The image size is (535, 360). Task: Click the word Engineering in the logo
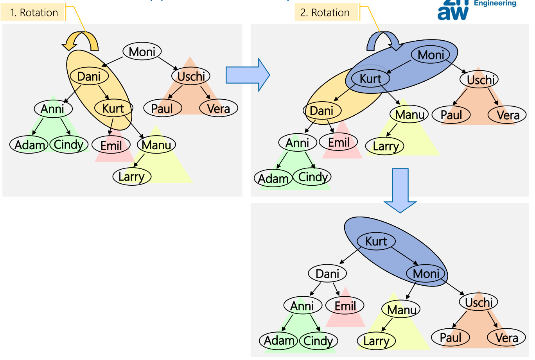495,4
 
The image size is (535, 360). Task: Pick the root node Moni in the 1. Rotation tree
142,52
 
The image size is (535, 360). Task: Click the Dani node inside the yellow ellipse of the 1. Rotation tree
89,77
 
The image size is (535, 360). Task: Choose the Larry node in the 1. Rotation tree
131,177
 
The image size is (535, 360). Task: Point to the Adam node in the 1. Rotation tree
29,145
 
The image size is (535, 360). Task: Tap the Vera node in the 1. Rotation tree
218,108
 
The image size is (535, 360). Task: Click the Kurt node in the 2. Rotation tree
370,79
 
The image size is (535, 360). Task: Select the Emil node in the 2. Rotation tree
339,143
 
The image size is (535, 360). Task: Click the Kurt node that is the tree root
376,242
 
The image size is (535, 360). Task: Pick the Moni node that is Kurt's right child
426,274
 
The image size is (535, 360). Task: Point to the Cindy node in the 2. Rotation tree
312,177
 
